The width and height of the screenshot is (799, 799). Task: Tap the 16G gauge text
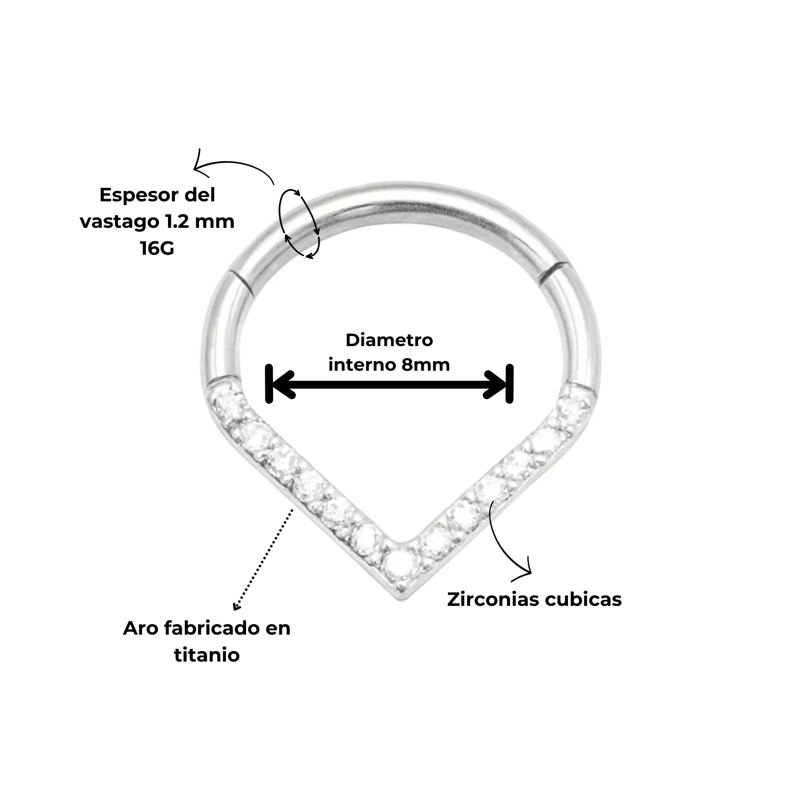tap(157, 248)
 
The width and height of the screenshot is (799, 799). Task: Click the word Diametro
tap(389, 340)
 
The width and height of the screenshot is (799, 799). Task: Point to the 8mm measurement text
tap(426, 365)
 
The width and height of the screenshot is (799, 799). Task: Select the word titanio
tap(207, 655)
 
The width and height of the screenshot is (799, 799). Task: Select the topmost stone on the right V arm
tap(574, 405)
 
